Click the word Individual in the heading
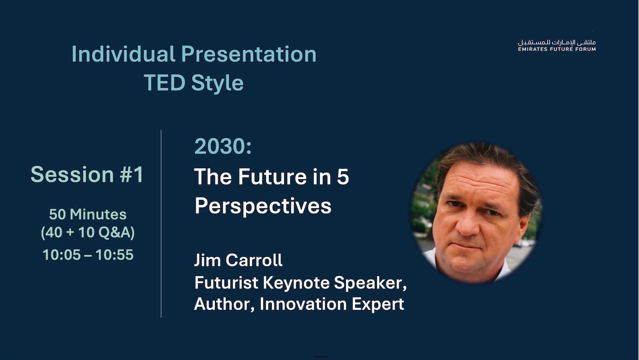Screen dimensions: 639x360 click(123, 54)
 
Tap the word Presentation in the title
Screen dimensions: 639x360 click(249, 54)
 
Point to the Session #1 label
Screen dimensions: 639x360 click(87, 174)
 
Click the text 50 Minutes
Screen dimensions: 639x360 click(88, 214)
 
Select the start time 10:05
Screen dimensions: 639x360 click(62, 255)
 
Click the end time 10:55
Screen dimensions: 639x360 click(115, 255)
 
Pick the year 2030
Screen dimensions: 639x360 click(222, 146)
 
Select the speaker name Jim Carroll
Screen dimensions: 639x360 click(238, 260)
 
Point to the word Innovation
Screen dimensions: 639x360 click(303, 304)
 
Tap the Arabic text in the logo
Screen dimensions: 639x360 click(557, 43)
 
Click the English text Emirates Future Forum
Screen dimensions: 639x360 click(557, 49)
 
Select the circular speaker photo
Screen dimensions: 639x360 click(476, 213)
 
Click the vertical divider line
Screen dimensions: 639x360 click(161, 224)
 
